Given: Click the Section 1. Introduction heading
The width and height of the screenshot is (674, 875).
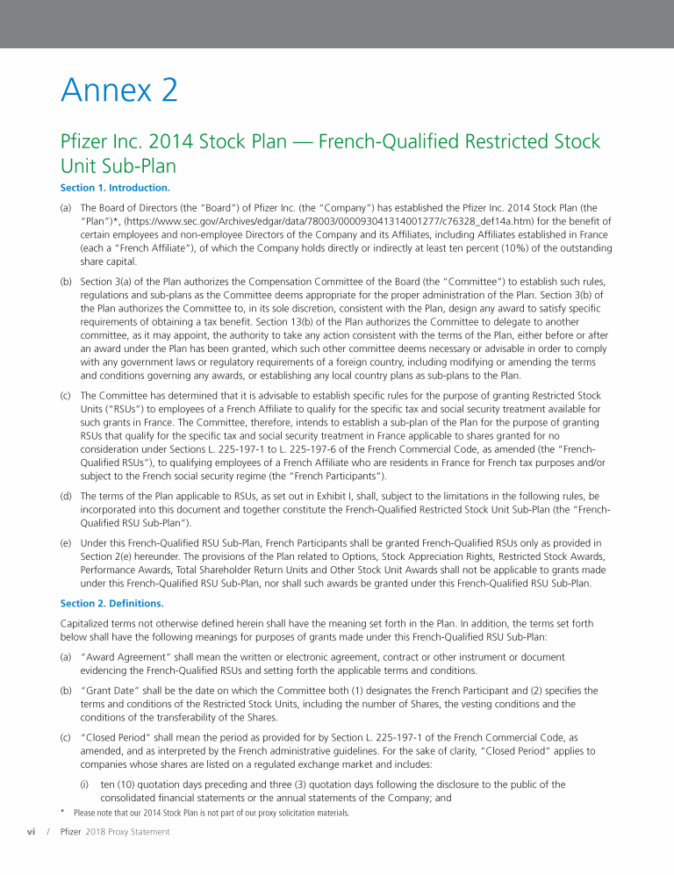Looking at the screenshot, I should (115, 187).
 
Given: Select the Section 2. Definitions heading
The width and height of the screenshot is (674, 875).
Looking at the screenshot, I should (111, 603).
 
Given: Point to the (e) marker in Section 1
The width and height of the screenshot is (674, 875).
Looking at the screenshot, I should (66, 543).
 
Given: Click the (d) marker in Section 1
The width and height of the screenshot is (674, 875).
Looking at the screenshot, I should (66, 496).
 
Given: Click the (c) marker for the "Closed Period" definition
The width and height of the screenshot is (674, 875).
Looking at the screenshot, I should (66, 738).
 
